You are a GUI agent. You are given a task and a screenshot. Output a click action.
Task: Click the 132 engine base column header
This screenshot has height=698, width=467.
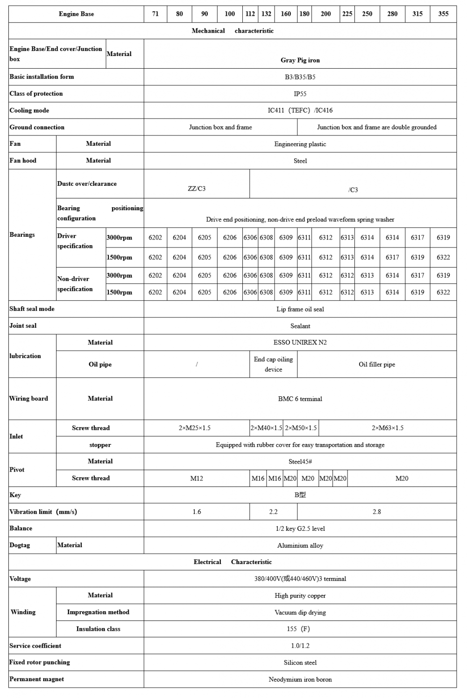click(266, 14)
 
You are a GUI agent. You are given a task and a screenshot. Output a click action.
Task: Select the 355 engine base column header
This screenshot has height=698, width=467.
click(443, 14)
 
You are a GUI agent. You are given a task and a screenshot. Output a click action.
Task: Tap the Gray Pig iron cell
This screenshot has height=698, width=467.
click(300, 60)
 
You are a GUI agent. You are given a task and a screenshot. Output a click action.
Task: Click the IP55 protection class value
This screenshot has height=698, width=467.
click(300, 94)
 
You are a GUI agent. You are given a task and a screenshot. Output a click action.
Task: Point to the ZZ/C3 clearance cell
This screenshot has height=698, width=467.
click(197, 189)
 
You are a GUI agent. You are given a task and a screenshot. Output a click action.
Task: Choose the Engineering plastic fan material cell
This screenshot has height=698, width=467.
click(300, 144)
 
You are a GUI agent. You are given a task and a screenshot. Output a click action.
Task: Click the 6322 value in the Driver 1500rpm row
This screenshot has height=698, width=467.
click(443, 257)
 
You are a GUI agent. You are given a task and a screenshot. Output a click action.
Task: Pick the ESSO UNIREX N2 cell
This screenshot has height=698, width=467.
click(300, 343)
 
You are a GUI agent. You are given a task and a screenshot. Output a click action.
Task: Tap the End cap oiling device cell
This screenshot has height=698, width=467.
click(273, 364)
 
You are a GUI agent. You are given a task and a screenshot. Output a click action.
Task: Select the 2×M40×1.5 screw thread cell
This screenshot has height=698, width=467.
click(266, 428)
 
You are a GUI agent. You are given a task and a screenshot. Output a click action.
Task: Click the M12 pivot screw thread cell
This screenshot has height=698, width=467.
click(197, 479)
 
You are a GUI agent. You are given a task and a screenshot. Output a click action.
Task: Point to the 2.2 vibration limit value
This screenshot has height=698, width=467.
click(273, 512)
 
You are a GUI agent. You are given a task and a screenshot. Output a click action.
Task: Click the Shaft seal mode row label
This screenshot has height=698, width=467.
click(32, 309)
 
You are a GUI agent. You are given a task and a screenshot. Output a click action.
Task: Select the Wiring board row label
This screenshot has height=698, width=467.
click(28, 399)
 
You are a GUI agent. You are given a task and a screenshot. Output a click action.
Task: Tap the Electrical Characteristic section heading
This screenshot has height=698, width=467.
click(233, 562)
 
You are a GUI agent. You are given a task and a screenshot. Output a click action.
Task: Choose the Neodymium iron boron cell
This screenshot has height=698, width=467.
click(300, 680)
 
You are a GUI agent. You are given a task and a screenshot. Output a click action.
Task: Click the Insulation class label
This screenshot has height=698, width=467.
click(98, 629)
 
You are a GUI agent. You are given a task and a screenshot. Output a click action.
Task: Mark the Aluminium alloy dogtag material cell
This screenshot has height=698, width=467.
click(300, 546)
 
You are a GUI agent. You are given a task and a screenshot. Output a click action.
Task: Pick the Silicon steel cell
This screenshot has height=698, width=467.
click(300, 663)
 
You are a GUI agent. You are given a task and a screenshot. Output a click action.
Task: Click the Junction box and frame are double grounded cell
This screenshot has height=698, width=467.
click(376, 127)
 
